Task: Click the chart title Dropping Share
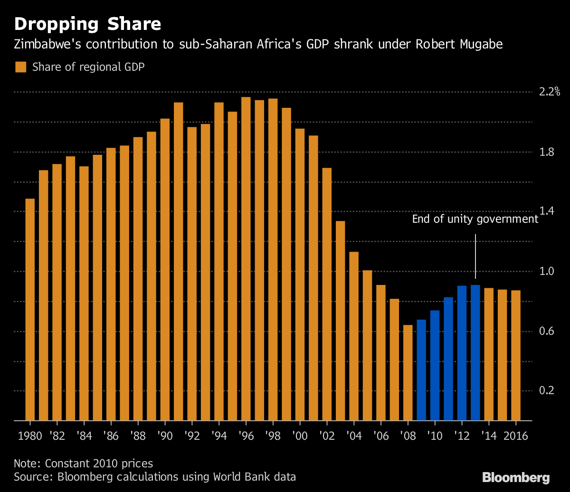point(87,24)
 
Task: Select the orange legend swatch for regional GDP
point(20,67)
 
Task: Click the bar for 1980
point(30,309)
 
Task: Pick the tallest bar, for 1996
point(246,259)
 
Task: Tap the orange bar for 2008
point(408,373)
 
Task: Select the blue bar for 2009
point(421,370)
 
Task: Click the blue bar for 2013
point(475,353)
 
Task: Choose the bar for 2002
point(327,294)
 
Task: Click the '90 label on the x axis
point(165,436)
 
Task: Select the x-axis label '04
point(354,436)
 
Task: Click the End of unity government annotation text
point(475,219)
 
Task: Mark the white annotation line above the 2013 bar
point(475,256)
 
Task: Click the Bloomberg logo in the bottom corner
point(516,477)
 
